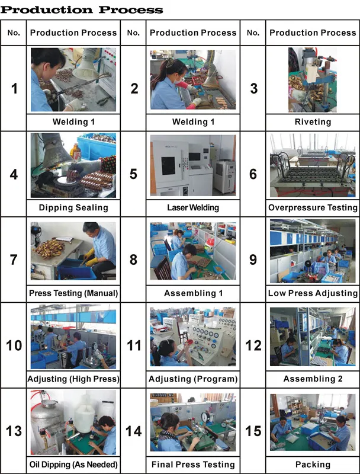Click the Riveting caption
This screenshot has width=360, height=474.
[313, 122]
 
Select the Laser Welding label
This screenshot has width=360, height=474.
[193, 208]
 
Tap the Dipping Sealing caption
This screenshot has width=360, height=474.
[73, 208]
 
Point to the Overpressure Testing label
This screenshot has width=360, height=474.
[313, 208]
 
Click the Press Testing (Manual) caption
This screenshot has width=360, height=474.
[73, 293]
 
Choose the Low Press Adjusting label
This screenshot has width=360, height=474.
[313, 293]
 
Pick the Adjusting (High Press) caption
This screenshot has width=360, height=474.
[73, 379]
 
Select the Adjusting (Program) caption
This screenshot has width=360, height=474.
[193, 379]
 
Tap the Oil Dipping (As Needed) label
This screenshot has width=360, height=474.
[73, 465]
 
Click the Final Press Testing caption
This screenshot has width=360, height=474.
[193, 465]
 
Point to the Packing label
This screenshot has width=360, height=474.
[313, 465]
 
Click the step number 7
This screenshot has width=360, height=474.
[14, 260]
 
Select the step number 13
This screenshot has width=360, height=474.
[14, 431]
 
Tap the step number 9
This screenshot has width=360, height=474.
[253, 260]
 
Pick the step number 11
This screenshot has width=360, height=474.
[134, 345]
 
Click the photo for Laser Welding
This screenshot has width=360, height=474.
[193, 165]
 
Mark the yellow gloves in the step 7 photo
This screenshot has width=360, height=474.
[89, 258]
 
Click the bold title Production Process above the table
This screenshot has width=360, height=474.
[82, 9]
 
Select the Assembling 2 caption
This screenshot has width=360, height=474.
[313, 379]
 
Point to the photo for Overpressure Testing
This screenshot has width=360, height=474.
[313, 165]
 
